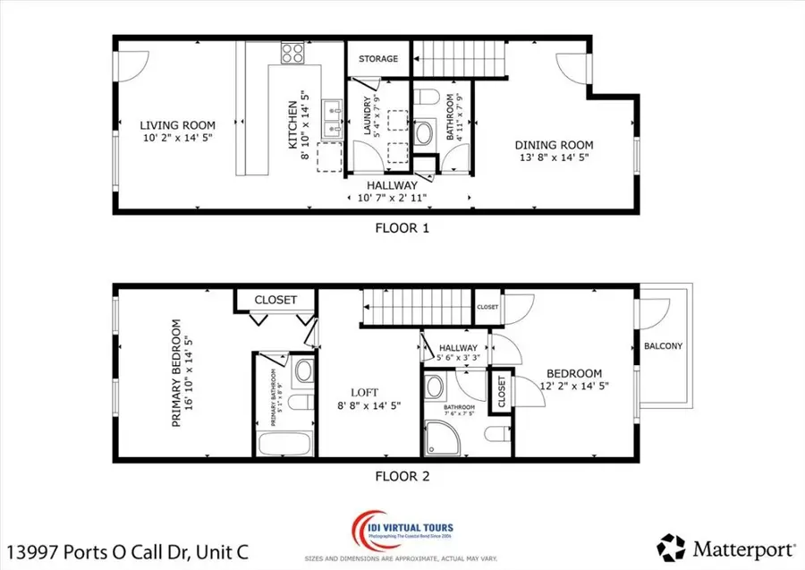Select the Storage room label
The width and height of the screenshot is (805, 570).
point(378,59)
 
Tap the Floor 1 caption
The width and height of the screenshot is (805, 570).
point(402,228)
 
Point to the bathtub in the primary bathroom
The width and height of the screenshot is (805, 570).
point(283,442)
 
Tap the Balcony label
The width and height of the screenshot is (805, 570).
point(663,346)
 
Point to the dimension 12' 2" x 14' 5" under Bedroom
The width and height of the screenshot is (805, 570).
point(574,387)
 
